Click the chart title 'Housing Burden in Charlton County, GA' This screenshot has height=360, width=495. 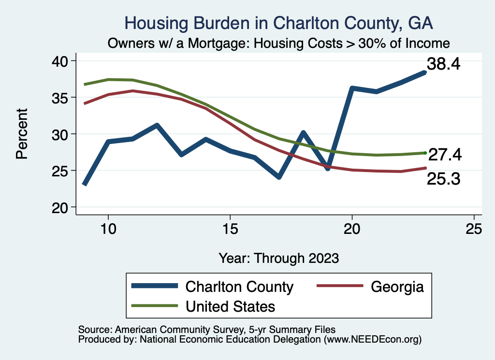278,23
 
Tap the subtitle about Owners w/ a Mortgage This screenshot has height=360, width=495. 278,43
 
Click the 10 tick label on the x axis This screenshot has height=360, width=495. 108,229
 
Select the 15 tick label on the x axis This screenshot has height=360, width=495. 230,229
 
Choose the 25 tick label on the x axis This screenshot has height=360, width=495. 474,229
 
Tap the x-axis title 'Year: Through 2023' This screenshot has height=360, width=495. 278,258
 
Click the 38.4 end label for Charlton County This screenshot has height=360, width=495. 442,64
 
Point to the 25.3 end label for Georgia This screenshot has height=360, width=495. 443,179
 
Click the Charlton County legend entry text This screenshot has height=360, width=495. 240,287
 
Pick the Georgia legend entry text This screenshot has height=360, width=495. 397,287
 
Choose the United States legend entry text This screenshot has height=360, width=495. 231,306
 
